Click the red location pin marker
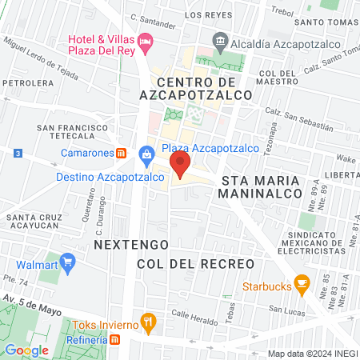pos(180,166)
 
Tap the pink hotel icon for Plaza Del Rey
pos(145,40)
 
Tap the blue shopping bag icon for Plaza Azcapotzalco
pos(146,153)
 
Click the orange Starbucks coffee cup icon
pos(302,282)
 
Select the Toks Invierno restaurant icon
pos(147,322)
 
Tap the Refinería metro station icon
pos(115,340)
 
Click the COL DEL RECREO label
pos(195,263)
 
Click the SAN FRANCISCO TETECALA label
pos(72,132)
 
